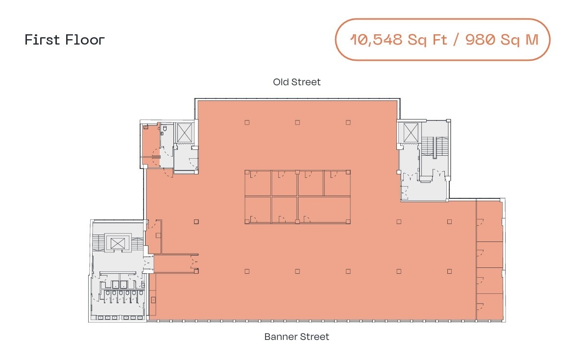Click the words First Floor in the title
point(65,40)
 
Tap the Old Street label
point(297,82)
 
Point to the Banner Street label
point(297,337)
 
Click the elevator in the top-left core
point(185,133)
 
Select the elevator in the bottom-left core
point(118,243)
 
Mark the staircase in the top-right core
point(436,147)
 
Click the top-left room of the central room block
point(258,183)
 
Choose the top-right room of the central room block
point(337,183)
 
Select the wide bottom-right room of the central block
point(324,210)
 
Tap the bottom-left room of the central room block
point(258,210)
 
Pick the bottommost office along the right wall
point(490,307)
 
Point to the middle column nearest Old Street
point(297,122)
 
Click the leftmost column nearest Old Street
point(247,122)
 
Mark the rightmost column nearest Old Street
point(348,122)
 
